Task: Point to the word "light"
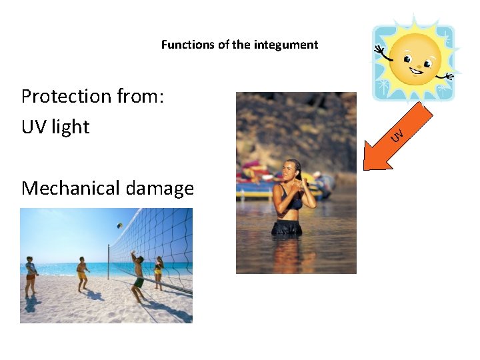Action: [x=70, y=127]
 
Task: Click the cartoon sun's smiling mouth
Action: [x=417, y=69]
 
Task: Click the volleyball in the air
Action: [x=119, y=226]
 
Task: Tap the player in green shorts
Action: [x=137, y=273]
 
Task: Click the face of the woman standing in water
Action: [x=291, y=169]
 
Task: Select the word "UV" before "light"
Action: [x=34, y=127]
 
